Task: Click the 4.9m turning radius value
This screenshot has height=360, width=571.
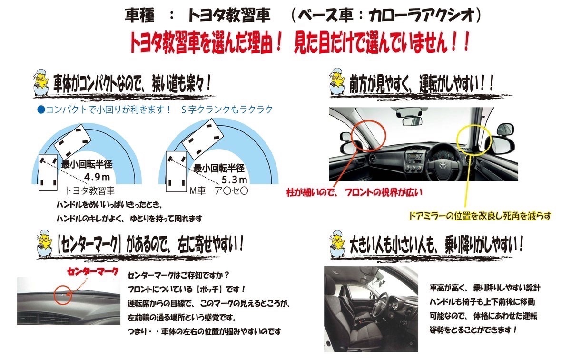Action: click(x=97, y=177)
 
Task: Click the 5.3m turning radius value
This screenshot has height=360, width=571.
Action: click(x=234, y=180)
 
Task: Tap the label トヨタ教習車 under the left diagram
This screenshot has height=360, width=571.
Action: click(x=89, y=190)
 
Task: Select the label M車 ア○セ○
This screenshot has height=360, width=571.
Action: click(x=219, y=190)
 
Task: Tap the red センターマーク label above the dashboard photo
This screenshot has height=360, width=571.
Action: click(x=93, y=272)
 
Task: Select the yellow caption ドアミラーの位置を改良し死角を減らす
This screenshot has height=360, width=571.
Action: click(x=480, y=216)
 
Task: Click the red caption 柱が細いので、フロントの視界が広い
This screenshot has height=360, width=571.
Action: click(x=354, y=192)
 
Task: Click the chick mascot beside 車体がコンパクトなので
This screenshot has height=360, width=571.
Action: click(x=41, y=82)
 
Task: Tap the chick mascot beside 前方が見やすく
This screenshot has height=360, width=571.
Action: click(x=337, y=82)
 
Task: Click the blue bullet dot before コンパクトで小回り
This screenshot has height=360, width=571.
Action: click(x=41, y=110)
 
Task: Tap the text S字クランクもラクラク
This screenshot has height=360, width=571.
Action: click(x=227, y=110)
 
